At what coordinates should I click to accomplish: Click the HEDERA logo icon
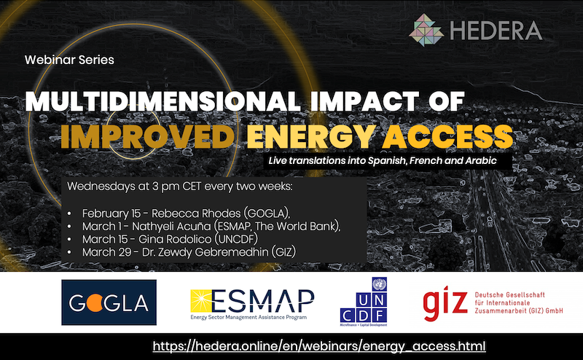(x=426, y=30)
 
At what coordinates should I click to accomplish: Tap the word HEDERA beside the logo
(x=496, y=31)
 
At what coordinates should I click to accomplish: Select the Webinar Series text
(x=69, y=60)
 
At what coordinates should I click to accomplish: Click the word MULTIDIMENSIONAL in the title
(x=163, y=101)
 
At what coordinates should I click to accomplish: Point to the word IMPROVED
(x=148, y=136)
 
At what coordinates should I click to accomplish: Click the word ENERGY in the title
(x=312, y=136)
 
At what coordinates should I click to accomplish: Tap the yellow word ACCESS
(x=447, y=136)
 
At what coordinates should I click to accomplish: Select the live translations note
(x=383, y=160)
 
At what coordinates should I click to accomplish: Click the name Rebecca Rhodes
(x=196, y=214)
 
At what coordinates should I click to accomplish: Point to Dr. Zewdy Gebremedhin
(x=206, y=252)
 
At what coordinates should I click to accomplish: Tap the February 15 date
(x=111, y=214)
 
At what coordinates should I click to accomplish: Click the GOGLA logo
(x=109, y=302)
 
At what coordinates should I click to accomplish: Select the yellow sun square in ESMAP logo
(x=201, y=301)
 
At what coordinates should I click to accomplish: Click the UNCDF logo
(x=363, y=302)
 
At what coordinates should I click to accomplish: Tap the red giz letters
(x=445, y=303)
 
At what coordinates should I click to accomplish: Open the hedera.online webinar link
(x=319, y=346)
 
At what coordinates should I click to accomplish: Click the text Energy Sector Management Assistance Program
(x=249, y=317)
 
